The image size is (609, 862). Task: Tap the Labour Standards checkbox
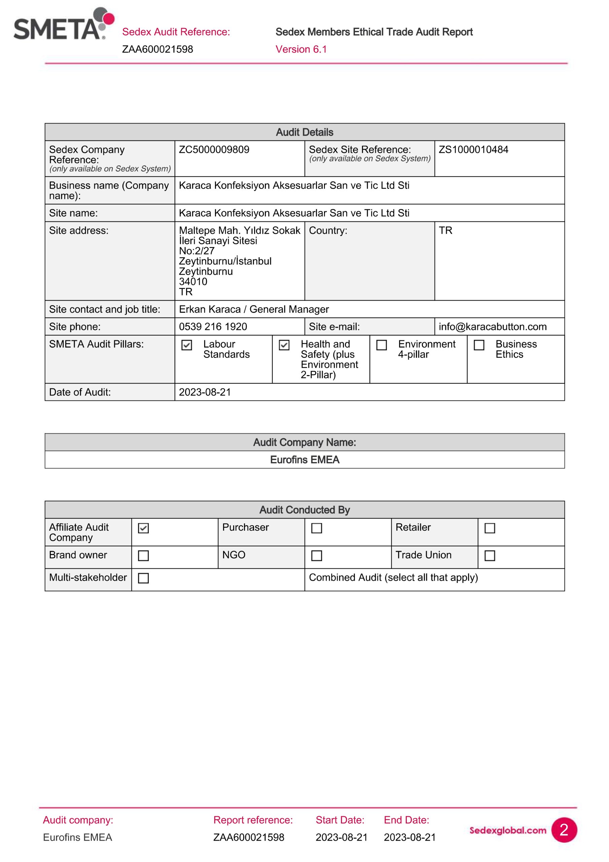(x=186, y=345)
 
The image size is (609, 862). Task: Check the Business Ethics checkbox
(x=479, y=345)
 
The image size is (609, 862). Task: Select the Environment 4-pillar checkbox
(x=381, y=345)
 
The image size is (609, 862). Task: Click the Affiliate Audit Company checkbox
(x=143, y=528)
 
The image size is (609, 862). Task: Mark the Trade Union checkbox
(x=490, y=555)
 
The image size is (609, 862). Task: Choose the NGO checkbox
(x=316, y=555)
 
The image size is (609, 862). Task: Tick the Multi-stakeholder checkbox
(x=143, y=578)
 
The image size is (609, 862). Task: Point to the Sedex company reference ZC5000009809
(x=214, y=150)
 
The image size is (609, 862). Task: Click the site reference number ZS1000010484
(x=473, y=150)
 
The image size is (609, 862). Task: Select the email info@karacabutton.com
(x=492, y=327)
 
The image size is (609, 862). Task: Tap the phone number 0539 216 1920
(x=213, y=327)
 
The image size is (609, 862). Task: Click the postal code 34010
(x=193, y=281)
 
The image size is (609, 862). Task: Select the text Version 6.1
(x=301, y=49)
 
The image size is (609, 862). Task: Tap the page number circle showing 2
(x=564, y=830)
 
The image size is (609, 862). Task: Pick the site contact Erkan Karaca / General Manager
(x=254, y=309)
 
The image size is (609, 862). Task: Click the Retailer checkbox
(x=490, y=528)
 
